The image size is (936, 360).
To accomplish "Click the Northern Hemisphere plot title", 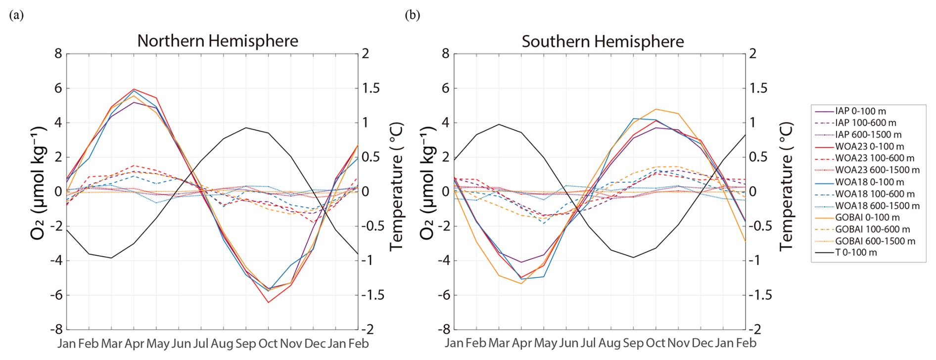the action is coord(218,41).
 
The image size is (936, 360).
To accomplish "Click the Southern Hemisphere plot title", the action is coord(603,42).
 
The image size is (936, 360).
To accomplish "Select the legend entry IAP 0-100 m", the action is coord(860,111).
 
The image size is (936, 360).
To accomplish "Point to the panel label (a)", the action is coord(16,15).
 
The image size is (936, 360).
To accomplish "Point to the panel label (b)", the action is coord(413,15).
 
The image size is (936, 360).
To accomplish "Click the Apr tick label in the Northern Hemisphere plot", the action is coord(134,344).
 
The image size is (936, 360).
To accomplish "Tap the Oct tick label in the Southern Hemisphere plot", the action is coord(655,343).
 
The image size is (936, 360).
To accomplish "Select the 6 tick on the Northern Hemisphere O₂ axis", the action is coord(58,88).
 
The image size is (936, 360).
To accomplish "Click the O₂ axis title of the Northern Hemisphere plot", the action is coord(38,183).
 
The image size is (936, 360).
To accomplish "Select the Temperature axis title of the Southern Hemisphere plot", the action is coord(786,186).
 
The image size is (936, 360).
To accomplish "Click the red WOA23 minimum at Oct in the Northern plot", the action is coord(268,302).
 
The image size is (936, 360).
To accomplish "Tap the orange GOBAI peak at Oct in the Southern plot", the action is coord(656,109).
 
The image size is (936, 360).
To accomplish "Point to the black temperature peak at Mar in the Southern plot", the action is coord(499,124).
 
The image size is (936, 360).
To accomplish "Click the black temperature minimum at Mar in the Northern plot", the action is coord(111,258).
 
